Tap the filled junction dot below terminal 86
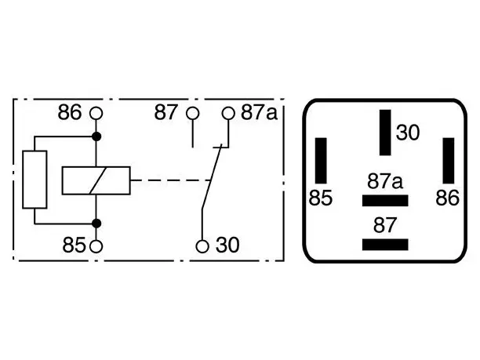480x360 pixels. [x=96, y=136]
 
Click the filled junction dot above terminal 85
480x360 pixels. [x=96, y=224]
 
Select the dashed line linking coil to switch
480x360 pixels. [x=170, y=180]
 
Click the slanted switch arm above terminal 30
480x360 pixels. [x=212, y=177]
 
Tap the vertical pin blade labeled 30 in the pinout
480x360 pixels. [x=385, y=133]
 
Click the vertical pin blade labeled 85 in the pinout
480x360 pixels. [x=321, y=161]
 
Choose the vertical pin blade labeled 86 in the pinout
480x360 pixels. [x=449, y=161]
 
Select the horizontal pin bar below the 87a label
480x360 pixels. [x=385, y=201]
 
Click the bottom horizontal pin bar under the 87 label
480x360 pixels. [x=385, y=245]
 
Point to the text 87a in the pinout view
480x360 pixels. [x=385, y=181]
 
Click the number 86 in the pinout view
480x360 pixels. [x=447, y=198]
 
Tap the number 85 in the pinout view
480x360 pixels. [x=320, y=198]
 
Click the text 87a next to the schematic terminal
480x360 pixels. [x=259, y=112]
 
